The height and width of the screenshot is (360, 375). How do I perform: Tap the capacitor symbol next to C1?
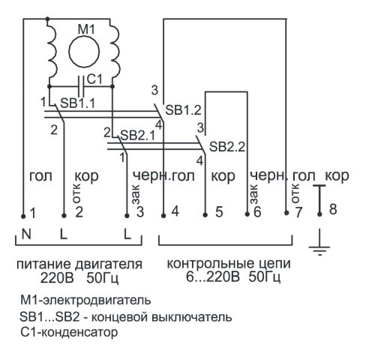pos(81,86)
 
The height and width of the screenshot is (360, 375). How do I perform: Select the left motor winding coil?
pos(52,51)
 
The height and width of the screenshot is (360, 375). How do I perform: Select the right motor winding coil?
pos(115,51)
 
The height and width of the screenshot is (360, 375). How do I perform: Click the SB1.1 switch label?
pos(78,103)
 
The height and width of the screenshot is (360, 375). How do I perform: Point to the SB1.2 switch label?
pos(183,110)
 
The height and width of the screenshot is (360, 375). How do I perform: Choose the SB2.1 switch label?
pos(137,136)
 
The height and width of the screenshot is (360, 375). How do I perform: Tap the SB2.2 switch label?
pos(227,147)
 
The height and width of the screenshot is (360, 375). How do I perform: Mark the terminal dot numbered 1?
pos(23,216)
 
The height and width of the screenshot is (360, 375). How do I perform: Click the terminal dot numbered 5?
pos(205,214)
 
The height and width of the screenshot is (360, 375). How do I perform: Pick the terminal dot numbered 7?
pos(286,213)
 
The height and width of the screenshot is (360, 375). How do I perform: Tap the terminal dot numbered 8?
pos(319,214)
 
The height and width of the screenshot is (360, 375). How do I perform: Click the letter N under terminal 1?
pos(26,234)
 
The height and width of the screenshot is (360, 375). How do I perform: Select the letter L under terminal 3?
pos(127,234)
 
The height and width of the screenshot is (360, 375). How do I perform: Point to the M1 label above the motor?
pos(86,29)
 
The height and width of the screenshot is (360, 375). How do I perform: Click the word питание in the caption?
pos(44,265)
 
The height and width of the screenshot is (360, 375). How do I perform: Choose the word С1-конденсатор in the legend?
pos(69,332)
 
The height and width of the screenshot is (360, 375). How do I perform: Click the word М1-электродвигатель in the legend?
pos(85,300)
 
